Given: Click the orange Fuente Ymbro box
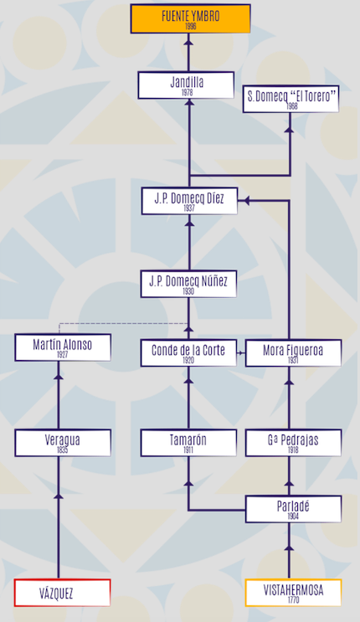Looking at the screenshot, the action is click(x=191, y=18).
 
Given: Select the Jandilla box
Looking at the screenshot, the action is click(x=186, y=85).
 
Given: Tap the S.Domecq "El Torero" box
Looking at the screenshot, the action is click(x=291, y=99).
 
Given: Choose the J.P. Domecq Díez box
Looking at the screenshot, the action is click(x=189, y=201).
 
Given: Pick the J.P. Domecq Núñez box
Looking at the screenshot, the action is click(x=188, y=284).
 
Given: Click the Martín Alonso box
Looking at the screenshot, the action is click(x=63, y=347).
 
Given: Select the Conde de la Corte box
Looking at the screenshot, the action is click(x=188, y=352).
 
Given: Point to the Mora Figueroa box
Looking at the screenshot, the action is click(x=293, y=352).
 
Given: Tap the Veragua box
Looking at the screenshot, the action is click(x=63, y=443).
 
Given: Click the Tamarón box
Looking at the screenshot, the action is click(x=188, y=443).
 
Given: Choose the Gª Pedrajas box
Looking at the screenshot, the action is click(x=293, y=443).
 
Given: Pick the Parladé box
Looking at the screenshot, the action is click(x=293, y=509).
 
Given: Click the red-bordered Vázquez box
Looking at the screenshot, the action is click(x=62, y=593).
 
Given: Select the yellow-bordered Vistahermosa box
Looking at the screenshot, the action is click(x=293, y=593).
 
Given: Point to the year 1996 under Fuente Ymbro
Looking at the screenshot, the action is click(x=191, y=26).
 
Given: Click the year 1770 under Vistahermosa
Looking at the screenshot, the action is click(x=293, y=599).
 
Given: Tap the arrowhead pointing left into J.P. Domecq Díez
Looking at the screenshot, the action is click(x=246, y=201).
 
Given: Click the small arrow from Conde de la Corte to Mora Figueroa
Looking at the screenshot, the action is click(x=241, y=352).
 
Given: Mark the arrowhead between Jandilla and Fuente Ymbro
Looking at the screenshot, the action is click(x=188, y=41).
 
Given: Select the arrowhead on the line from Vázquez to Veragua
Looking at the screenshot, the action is click(x=59, y=496).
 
